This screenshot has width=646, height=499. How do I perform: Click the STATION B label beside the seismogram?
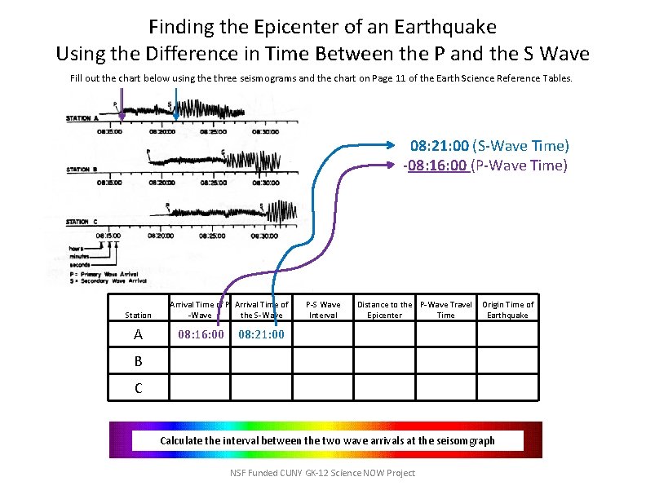83,170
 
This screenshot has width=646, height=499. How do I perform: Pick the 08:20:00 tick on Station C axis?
161,235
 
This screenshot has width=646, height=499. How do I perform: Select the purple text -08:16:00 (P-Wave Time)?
485,166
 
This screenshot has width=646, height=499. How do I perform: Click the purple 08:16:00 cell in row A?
201,334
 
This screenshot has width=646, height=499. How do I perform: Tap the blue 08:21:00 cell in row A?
261,334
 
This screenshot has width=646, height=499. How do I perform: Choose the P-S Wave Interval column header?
323,310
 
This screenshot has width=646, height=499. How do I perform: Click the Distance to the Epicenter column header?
384,310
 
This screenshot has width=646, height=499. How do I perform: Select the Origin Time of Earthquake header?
507,310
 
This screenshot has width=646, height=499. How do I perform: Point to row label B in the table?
139,361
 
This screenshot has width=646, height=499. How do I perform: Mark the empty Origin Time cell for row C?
507,387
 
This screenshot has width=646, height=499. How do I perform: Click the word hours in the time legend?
78,248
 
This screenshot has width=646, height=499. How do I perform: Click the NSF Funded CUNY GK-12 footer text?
322,473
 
